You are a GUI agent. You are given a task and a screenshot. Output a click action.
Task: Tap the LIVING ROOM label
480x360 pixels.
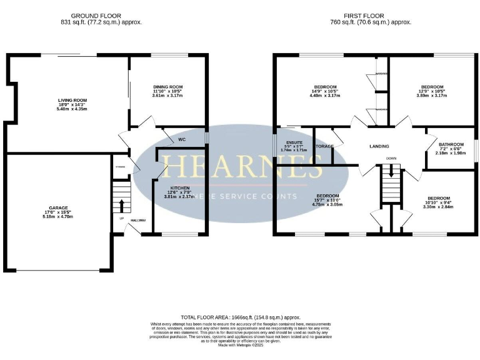[x=72, y=99]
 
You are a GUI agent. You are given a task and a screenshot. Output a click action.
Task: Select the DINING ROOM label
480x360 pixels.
[x=167, y=87]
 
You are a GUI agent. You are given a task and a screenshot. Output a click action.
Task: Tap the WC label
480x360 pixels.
[x=182, y=139]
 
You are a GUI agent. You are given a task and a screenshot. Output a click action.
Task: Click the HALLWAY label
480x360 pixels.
[x=137, y=220]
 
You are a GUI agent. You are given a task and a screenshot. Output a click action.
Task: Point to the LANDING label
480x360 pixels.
[x=379, y=146]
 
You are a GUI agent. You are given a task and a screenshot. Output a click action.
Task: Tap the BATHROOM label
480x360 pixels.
[x=450, y=144]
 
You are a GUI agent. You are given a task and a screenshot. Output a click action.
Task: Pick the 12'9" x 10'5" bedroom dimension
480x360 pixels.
[x=432, y=91]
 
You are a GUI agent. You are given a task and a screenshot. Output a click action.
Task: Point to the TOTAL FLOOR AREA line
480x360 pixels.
[x=241, y=317]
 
